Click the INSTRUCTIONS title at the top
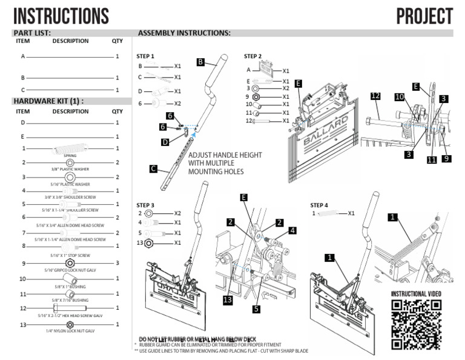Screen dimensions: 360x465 [x=61, y=16]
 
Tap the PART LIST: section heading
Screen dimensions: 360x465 [x=32, y=33]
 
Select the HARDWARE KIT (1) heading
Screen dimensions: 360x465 [x=48, y=101]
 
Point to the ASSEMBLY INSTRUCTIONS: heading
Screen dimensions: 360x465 [x=184, y=33]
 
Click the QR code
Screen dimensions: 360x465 [x=416, y=324]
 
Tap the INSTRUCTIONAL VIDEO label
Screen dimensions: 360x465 [x=416, y=294]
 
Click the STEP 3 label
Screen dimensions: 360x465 [x=145, y=205]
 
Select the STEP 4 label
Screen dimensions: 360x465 [x=319, y=205]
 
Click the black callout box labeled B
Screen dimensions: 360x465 [x=201, y=61]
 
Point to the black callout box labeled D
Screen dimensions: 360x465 [x=165, y=142]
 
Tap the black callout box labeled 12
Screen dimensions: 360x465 [x=375, y=96]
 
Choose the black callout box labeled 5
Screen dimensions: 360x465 [x=257, y=308]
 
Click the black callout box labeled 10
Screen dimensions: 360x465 [x=400, y=96]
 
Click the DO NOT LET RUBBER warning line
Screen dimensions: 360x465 [x=198, y=338]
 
